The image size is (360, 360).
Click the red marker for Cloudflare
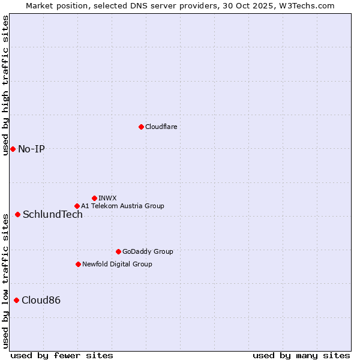point(141,127)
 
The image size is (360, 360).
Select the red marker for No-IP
point(13,149)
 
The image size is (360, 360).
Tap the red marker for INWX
point(94,198)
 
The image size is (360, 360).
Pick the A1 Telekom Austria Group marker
point(77,206)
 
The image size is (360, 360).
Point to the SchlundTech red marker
point(17,214)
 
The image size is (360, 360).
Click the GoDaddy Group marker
point(118,251)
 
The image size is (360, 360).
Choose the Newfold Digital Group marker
point(78,264)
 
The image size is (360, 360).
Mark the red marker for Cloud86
point(16,300)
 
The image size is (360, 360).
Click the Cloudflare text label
point(161,127)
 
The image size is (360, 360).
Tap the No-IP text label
point(31,149)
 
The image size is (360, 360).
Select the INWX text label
point(107,198)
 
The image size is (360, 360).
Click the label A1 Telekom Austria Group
point(122,206)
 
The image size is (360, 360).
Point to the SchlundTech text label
point(53,214)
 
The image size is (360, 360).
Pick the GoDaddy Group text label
point(148,251)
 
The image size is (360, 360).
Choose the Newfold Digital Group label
point(117,264)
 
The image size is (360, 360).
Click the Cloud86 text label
point(41,300)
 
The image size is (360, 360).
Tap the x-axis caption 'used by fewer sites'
point(62,355)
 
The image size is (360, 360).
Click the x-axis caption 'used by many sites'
point(301,355)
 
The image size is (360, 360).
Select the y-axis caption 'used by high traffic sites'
point(5,85)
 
